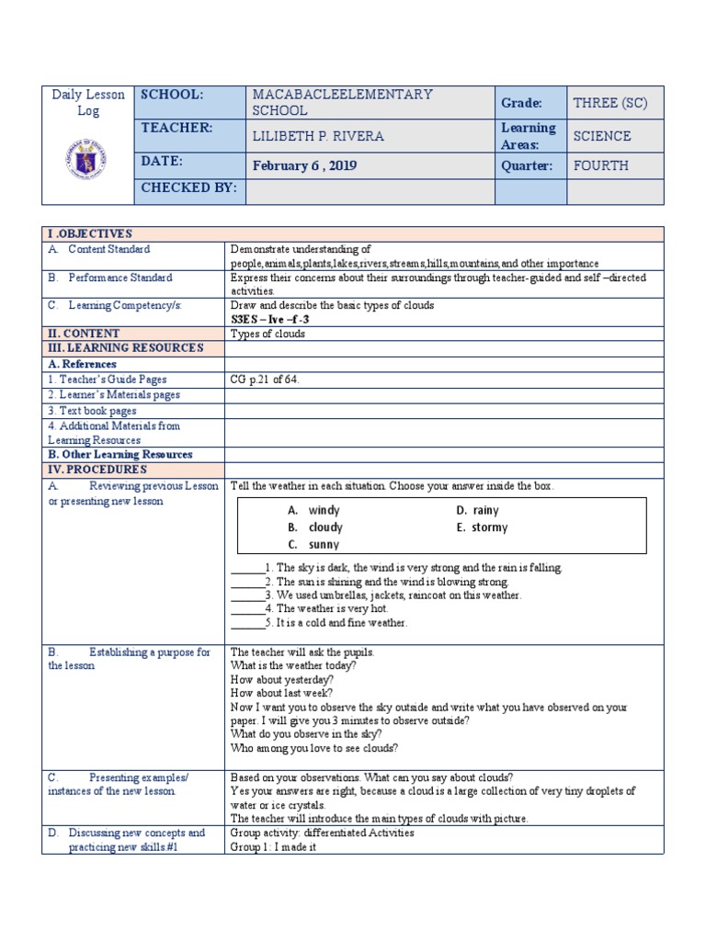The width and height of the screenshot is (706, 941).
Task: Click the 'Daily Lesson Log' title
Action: (x=88, y=103)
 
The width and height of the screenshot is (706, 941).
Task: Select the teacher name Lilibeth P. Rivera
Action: (x=318, y=136)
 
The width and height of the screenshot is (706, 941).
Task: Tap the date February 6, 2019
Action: (x=304, y=166)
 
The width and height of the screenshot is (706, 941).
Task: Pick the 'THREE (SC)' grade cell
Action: (x=610, y=103)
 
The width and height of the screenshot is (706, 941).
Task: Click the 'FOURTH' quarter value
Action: (x=600, y=166)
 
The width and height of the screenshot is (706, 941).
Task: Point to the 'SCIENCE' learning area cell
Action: (x=602, y=136)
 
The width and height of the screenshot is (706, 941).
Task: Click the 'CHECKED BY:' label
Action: (x=188, y=188)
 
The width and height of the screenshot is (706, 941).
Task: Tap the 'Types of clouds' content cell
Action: (x=268, y=334)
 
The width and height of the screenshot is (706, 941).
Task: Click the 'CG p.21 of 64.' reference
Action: (x=265, y=379)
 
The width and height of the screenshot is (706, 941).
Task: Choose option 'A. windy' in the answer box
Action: (x=313, y=510)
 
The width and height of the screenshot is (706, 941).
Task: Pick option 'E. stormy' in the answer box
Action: (x=482, y=527)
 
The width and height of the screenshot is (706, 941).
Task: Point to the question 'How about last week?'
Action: (x=281, y=693)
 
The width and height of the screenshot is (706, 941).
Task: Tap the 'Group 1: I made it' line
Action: (x=273, y=847)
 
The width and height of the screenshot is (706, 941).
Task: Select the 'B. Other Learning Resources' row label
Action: (x=120, y=455)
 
